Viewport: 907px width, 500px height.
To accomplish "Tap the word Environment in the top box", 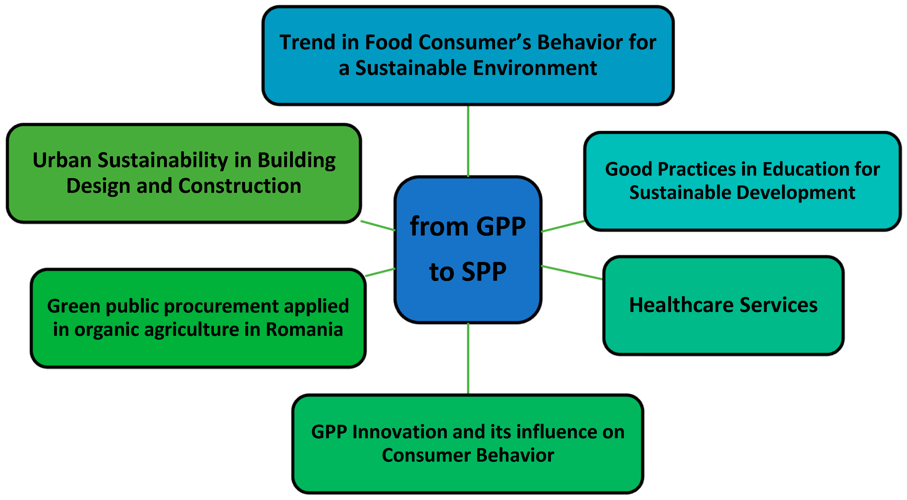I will (535, 68).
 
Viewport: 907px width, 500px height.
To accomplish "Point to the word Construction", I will (240, 186).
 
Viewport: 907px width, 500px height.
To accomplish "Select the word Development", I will (796, 193).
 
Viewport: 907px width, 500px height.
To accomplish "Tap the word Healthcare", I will (681, 305).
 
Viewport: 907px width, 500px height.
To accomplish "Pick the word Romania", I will (304, 330).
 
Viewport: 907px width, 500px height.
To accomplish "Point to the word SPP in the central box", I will (484, 272).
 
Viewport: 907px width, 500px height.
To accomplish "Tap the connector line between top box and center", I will (468, 141).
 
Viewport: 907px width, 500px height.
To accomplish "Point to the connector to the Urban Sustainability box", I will (378, 226).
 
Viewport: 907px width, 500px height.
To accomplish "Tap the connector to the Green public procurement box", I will (380, 272).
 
